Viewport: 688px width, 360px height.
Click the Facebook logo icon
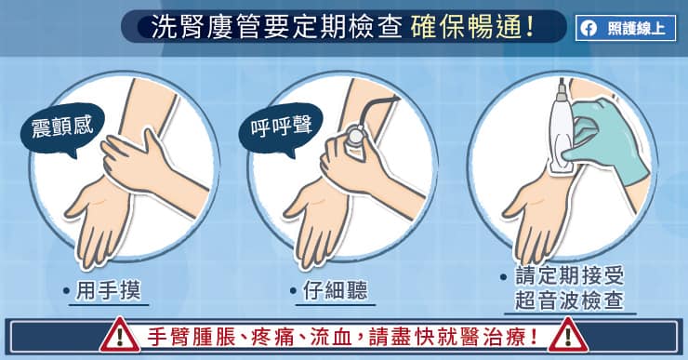pos(589,29)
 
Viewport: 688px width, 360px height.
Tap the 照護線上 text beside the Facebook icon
pos(636,29)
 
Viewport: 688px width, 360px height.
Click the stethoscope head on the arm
pos(355,136)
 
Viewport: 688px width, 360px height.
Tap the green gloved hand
pos(610,140)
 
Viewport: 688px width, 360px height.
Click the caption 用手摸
pos(109,290)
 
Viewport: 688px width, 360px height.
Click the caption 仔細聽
pos(336,290)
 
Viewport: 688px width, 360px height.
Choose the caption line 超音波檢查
pos(569,300)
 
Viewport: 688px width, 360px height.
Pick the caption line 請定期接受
pos(569,276)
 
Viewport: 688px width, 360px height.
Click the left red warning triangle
pos(120,336)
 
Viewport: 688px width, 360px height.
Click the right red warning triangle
pos(568,336)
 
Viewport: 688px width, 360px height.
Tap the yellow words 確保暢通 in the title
pos(472,27)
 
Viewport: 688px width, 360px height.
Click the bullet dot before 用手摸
pos(67,291)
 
